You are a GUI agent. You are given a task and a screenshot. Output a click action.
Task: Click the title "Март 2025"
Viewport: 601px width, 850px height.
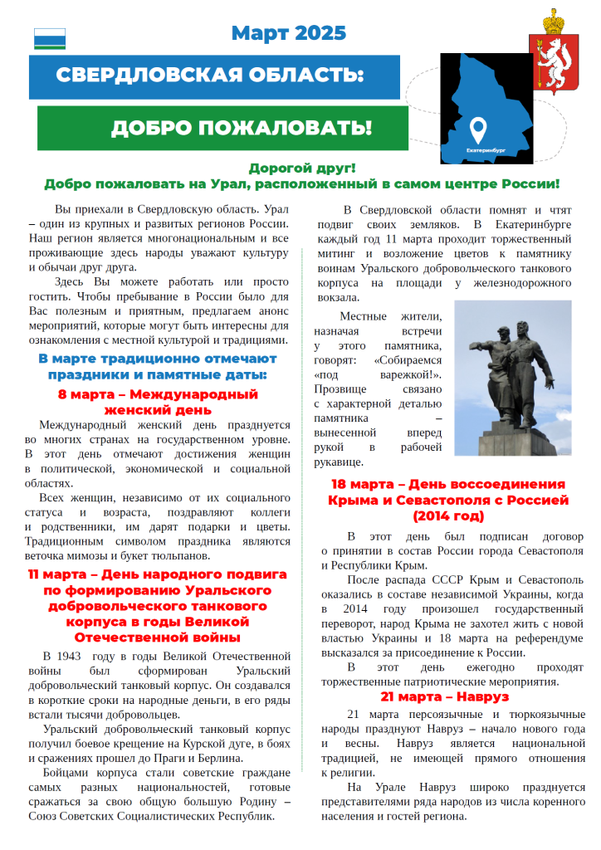tap(288, 33)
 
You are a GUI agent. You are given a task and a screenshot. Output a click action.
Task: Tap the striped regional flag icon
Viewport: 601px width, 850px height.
tap(49, 38)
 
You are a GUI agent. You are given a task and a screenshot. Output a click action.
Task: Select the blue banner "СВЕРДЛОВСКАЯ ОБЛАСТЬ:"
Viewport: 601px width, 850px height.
tap(210, 76)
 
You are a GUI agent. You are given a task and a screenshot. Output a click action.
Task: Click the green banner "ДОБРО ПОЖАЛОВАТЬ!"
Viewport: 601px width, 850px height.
tap(241, 128)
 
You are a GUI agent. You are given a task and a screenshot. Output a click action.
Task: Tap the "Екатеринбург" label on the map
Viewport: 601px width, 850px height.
tap(486, 150)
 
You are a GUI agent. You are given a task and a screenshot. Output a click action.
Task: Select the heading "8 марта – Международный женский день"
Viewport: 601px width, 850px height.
tap(158, 402)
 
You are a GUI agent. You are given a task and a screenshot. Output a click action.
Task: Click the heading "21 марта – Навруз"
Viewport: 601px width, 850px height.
tap(445, 696)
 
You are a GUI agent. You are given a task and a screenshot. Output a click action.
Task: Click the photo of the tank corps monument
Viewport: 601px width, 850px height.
tap(512, 378)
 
